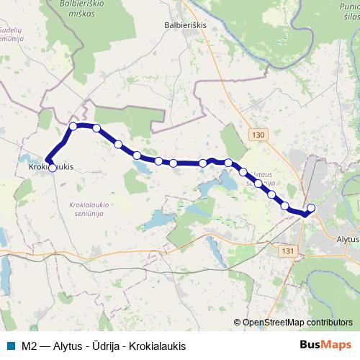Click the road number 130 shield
tap(260, 135)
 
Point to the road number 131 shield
tap(289, 251)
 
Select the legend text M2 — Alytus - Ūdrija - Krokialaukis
tap(104, 346)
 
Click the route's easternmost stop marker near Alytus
tap(311, 208)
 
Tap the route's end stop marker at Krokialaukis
tap(52, 168)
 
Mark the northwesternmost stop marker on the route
tap(73, 126)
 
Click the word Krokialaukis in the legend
tap(157, 346)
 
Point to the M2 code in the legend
tap(29, 346)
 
